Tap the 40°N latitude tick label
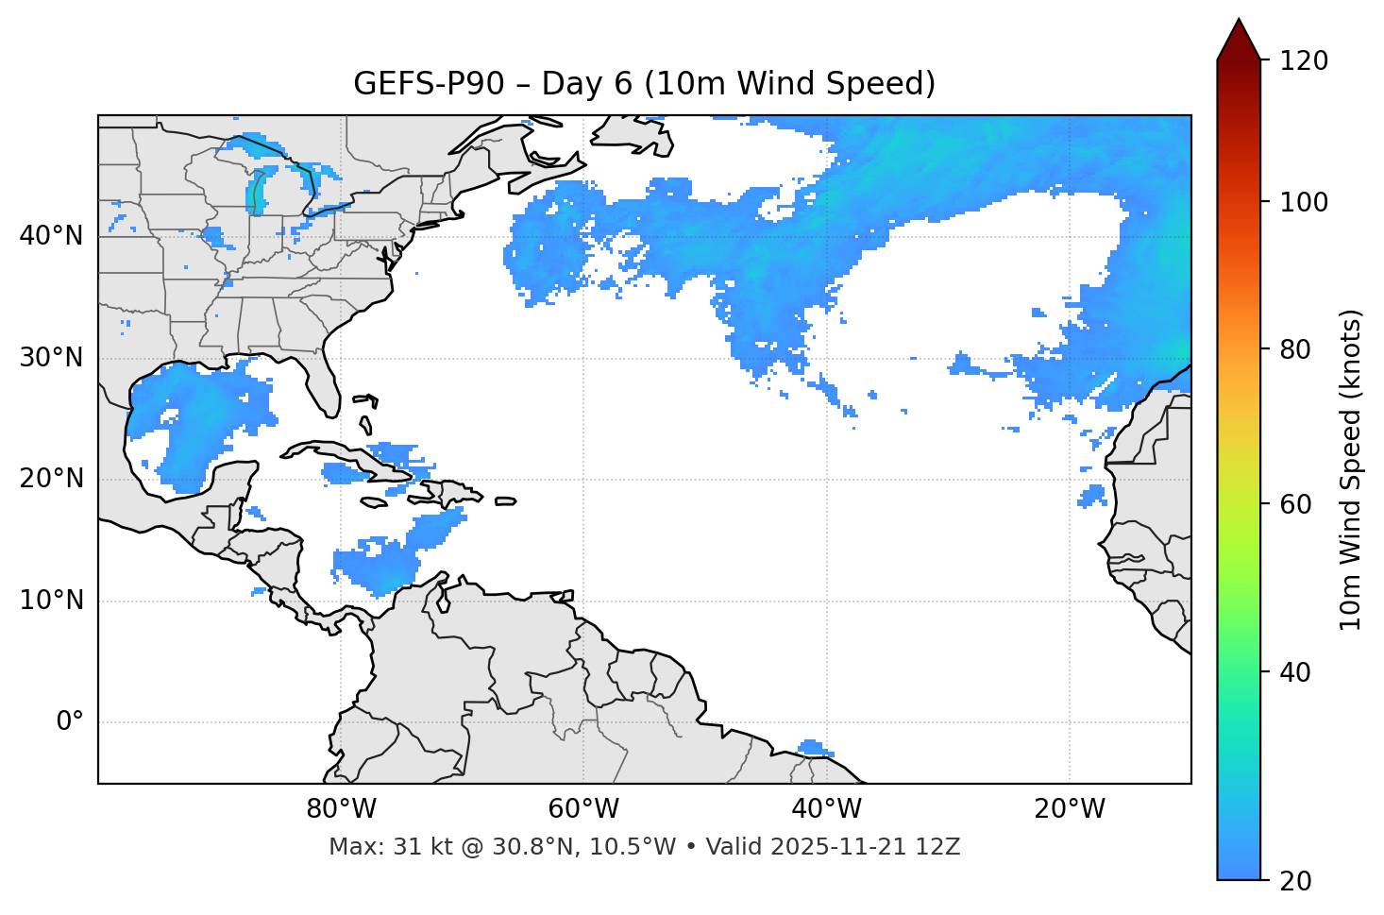[x=51, y=235]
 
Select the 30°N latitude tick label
[x=51, y=358]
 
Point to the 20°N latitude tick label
[x=51, y=479]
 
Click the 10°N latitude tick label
[x=51, y=601]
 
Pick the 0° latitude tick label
[x=70, y=722]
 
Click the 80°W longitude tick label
[x=341, y=809]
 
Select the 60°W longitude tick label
[x=583, y=809]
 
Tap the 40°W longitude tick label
[x=826, y=809]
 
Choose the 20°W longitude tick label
[x=1069, y=809]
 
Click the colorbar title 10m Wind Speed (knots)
[x=1351, y=469]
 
